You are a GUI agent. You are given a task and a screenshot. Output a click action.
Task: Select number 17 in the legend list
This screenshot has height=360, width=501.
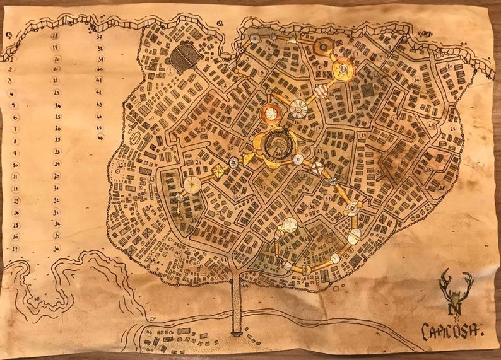coord(15,248)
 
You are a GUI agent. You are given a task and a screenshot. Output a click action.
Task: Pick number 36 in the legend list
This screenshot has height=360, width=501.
coord(57,248)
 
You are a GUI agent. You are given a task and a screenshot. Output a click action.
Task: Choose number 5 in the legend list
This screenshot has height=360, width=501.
coord(13,105)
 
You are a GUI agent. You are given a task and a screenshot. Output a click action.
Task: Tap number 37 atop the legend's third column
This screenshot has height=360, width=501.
coord(100,36)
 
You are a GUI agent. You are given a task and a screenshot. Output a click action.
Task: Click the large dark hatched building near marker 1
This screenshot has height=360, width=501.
coord(185,58)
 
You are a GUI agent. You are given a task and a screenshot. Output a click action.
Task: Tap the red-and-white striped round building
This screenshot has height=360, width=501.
coord(321,92)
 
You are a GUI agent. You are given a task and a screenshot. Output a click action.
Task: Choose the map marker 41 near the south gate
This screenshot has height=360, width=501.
coord(224,259)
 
